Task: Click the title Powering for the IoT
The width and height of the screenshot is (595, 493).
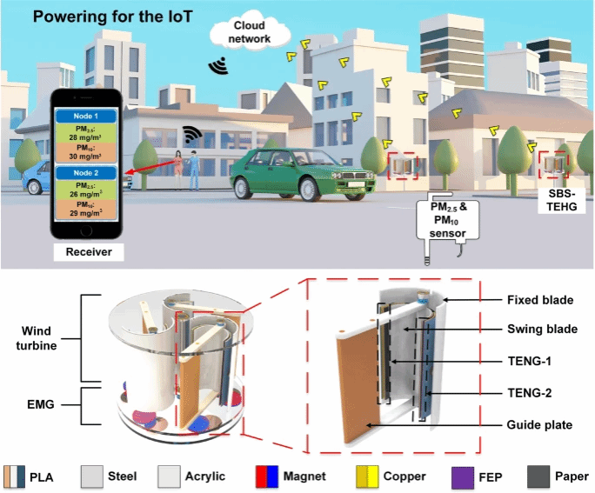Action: coord(89,17)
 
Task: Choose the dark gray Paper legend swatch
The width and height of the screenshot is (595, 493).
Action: coord(539,476)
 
